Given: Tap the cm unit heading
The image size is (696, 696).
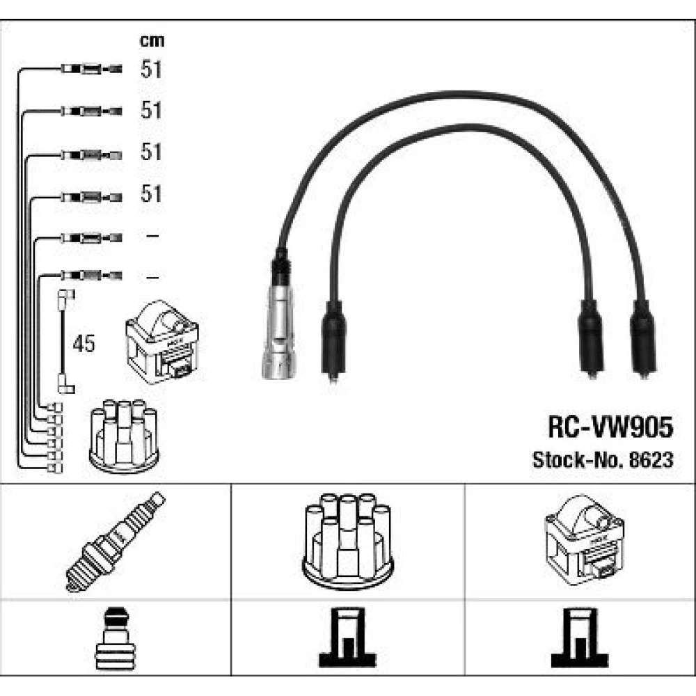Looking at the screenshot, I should [x=152, y=41].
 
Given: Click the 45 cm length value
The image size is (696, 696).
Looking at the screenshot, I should [x=84, y=343].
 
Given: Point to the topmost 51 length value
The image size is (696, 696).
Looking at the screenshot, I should [x=151, y=70].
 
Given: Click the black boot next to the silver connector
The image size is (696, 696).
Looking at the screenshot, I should [x=333, y=340].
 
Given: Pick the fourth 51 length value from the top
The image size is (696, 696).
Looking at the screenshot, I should [x=151, y=194].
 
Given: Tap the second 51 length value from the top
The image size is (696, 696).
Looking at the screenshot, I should [x=151, y=111].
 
